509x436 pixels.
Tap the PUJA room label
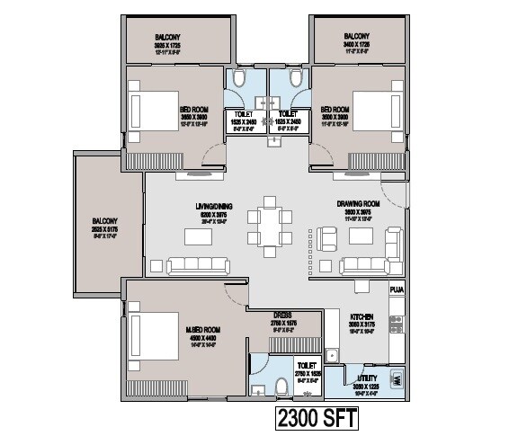pyautogui.click(x=397, y=289)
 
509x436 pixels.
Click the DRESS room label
pyautogui.click(x=283, y=315)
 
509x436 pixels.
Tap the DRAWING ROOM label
pyautogui.click(x=354, y=204)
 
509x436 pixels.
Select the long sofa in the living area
pyautogui.click(x=199, y=264)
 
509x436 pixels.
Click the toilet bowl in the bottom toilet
pyautogui.click(x=281, y=387)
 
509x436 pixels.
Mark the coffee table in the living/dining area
pyautogui.click(x=199, y=236)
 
